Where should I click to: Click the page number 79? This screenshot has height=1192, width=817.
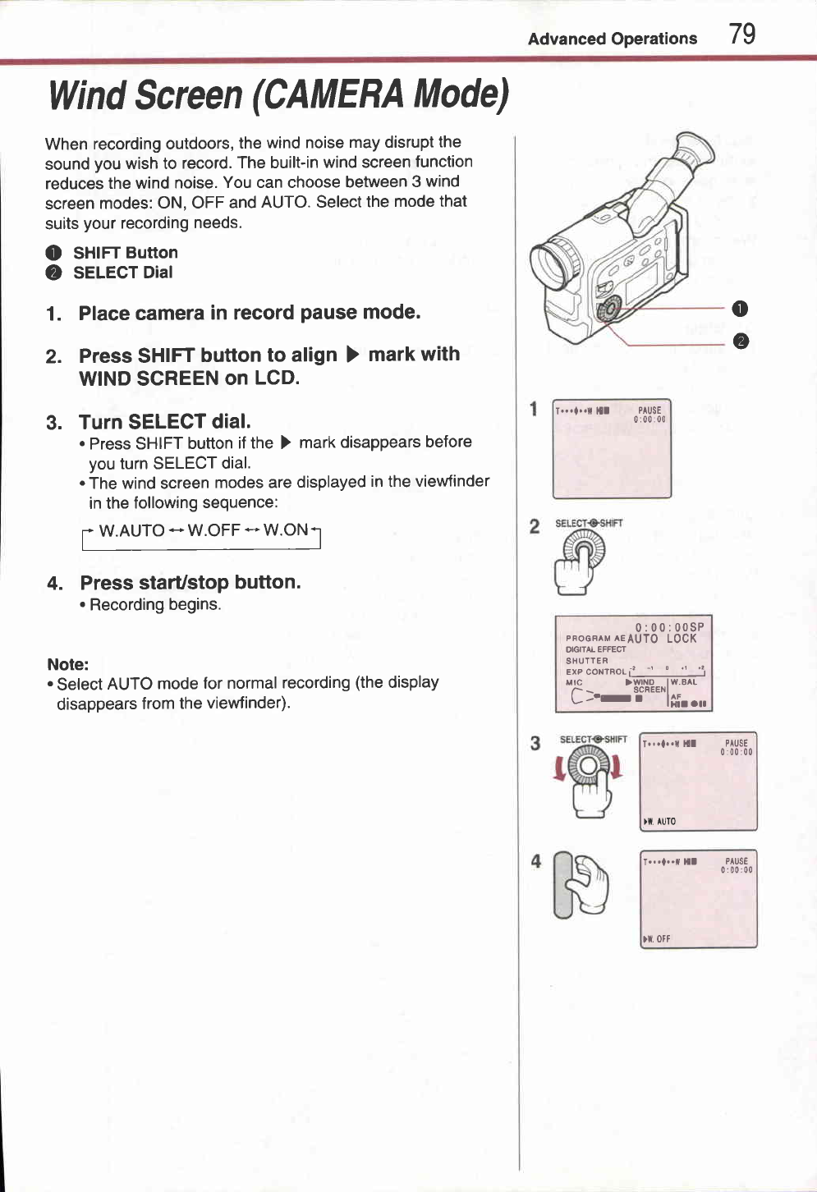742,34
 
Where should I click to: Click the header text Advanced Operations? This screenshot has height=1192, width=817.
613,39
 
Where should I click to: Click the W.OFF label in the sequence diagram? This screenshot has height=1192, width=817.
213,530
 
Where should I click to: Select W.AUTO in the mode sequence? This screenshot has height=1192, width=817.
131,531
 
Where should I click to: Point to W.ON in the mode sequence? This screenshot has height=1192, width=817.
285,530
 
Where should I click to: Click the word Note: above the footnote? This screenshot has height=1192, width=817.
68,664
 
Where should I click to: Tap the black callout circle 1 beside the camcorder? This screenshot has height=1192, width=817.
740,309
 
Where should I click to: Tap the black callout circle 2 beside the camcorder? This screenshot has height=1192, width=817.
740,342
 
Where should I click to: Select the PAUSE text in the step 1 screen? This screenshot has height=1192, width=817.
649,410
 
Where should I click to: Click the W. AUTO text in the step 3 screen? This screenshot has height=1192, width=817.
661,821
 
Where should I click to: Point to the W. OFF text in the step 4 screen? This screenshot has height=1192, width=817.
658,939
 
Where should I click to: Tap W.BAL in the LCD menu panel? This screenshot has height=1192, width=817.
684,682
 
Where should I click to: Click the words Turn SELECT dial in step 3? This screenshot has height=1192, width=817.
164,422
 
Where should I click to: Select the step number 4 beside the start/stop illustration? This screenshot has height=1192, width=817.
535,861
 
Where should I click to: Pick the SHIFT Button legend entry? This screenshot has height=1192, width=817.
125,253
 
